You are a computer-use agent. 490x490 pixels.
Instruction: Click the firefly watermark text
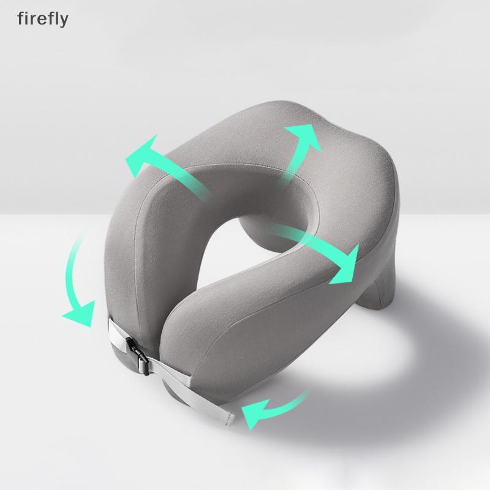43,19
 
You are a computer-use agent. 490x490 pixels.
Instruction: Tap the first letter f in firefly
21,18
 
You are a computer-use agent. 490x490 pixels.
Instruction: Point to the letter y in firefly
64,21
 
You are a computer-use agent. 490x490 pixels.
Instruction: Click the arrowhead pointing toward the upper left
141,153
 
